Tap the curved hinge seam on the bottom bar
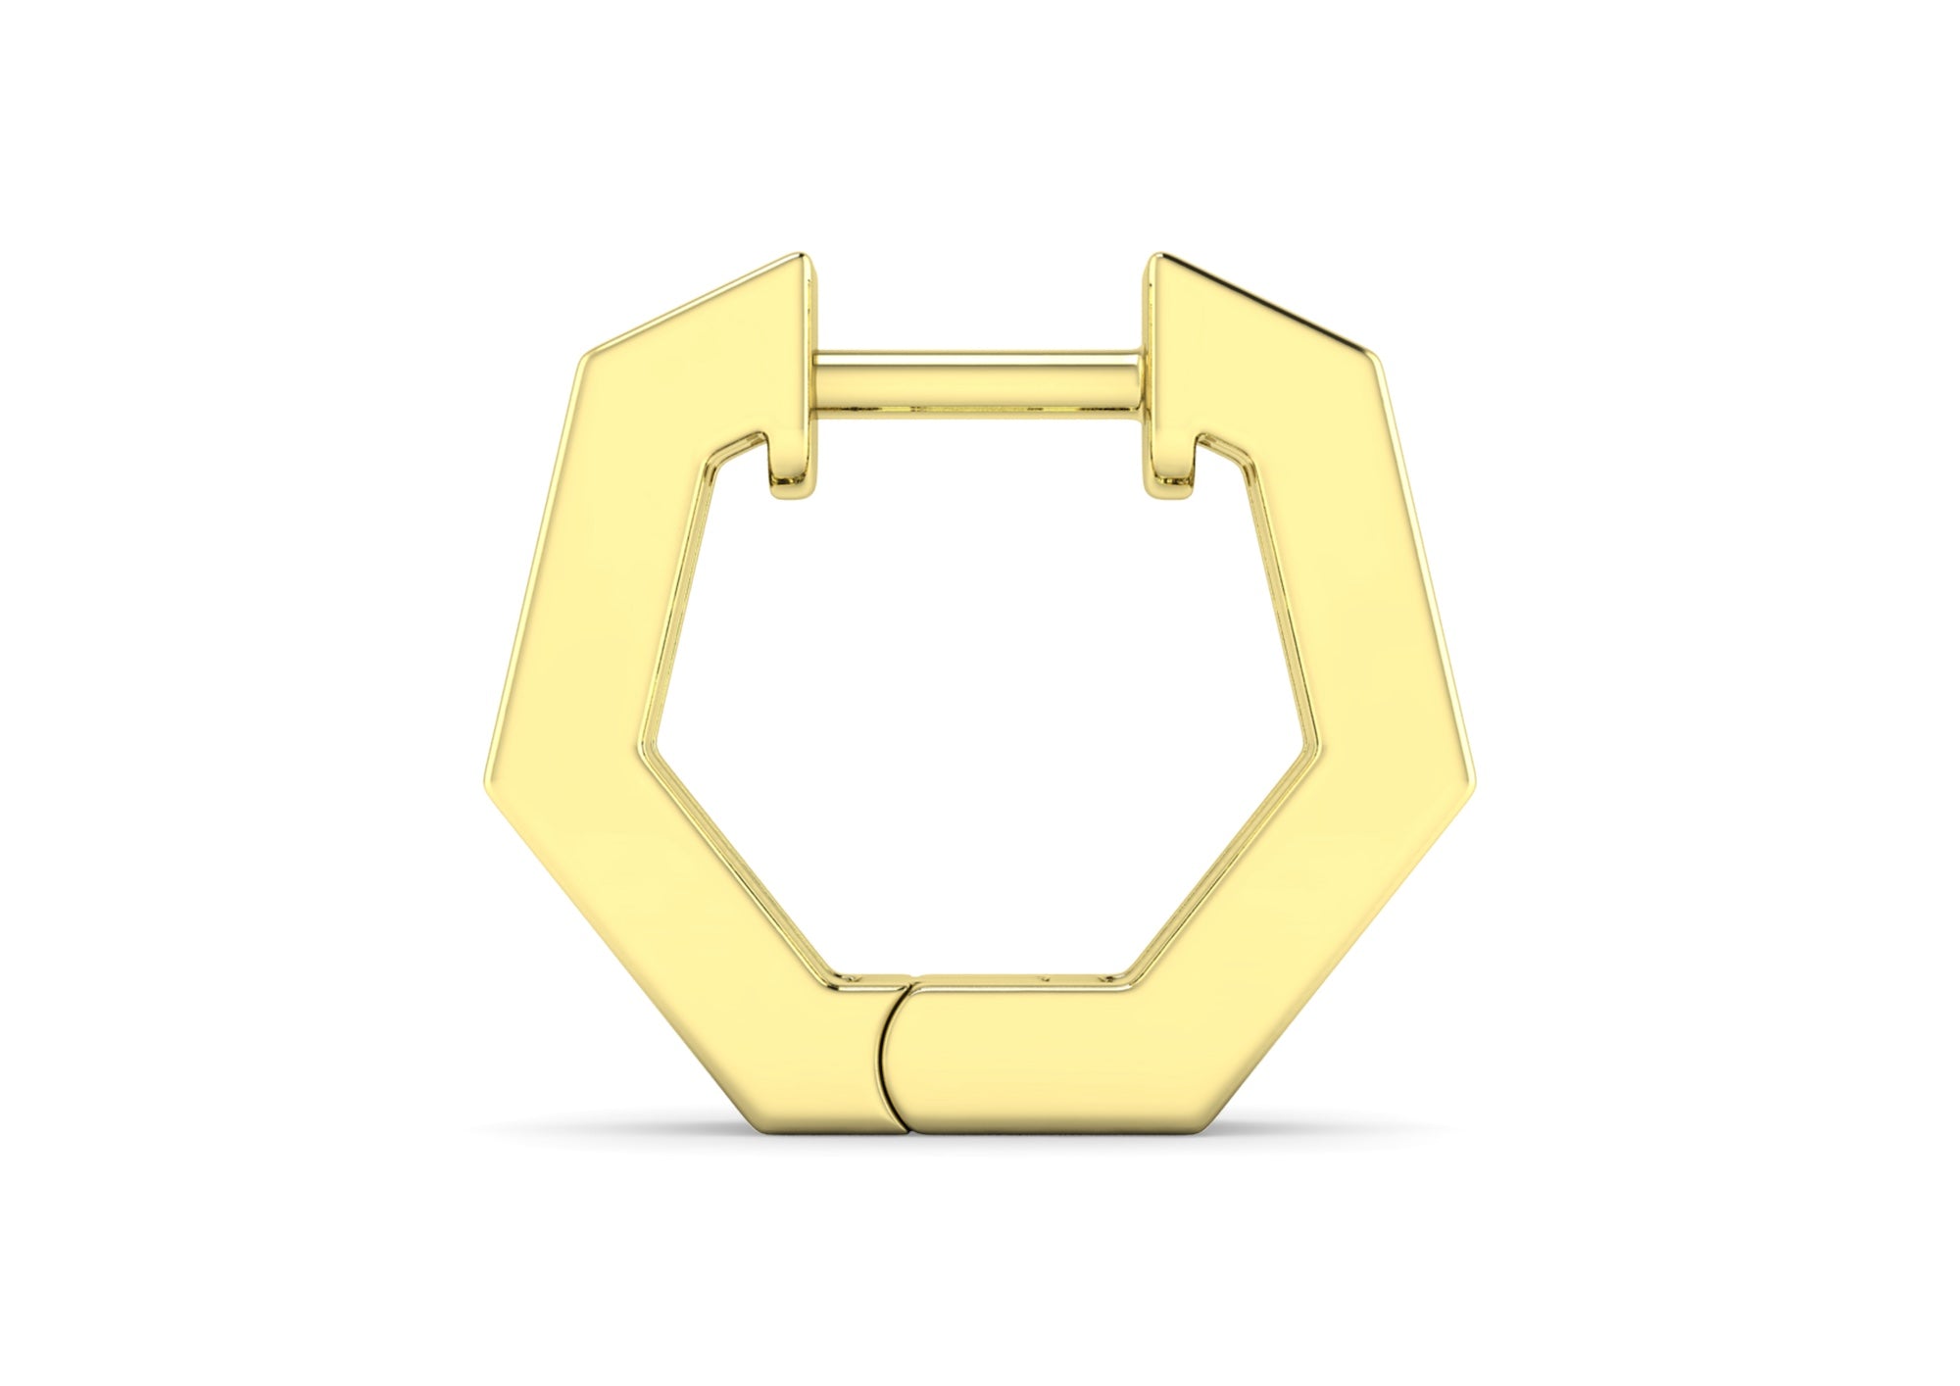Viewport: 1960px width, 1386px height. coord(888,1057)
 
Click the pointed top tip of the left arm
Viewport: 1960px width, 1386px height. coord(804,259)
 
